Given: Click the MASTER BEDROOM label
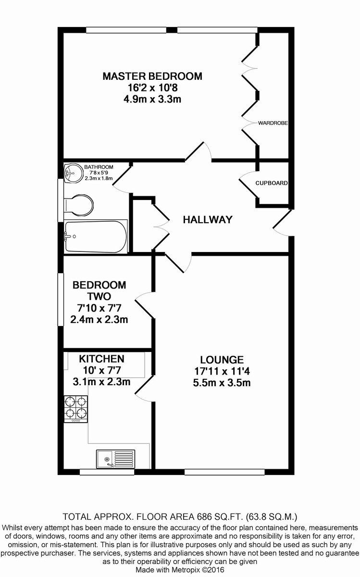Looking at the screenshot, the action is click(x=152, y=76).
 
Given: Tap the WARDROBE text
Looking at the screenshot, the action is click(x=273, y=123).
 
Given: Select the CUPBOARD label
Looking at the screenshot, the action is click(x=272, y=183).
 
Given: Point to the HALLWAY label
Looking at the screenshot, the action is click(x=208, y=220).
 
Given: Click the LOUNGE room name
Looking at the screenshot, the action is click(x=222, y=360).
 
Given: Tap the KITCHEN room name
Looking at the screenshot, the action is click(x=102, y=359).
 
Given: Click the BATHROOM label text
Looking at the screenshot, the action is click(x=99, y=167).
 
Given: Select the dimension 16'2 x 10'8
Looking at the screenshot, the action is click(x=153, y=88).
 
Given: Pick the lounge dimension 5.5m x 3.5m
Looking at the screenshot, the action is click(x=222, y=383).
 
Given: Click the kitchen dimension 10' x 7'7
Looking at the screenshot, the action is click(x=102, y=370).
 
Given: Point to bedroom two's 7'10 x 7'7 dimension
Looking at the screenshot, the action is click(x=99, y=308).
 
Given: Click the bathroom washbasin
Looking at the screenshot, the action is click(x=71, y=173).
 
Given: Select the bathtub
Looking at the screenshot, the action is click(x=96, y=237).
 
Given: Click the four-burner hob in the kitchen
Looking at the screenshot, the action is click(x=76, y=409).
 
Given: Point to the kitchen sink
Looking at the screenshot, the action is click(x=116, y=459).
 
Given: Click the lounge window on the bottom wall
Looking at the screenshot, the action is click(x=224, y=472).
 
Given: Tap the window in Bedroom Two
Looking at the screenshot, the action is click(x=61, y=300).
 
